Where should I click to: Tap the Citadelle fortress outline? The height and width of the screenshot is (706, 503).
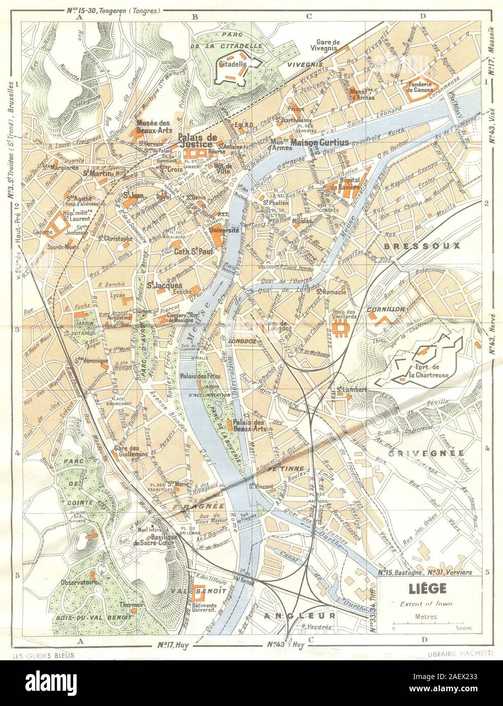coord(231,71)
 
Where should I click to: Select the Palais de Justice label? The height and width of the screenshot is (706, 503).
coord(197,141)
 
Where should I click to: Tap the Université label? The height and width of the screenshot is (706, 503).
coord(224,230)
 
